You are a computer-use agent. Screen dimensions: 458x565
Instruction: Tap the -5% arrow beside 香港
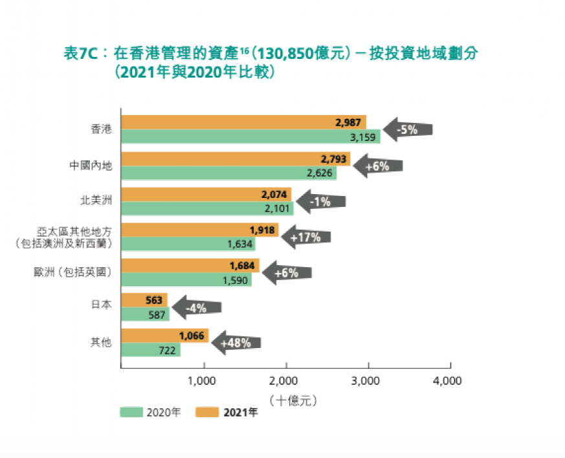pos(407,129)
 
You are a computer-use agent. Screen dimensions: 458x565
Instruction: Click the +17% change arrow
pos(305,237)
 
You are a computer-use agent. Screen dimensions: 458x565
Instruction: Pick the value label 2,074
pos(274,194)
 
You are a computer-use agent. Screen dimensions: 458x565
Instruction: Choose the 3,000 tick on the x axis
pos(367,381)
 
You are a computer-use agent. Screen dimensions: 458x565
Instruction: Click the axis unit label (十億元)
pos(285,400)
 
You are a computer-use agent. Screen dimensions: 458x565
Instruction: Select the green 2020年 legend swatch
pos(131,412)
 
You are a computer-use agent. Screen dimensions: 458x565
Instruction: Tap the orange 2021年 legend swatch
pos(208,412)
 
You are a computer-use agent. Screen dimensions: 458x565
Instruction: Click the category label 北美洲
pos(100,201)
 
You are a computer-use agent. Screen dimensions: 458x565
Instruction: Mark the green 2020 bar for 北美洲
pos(207,208)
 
